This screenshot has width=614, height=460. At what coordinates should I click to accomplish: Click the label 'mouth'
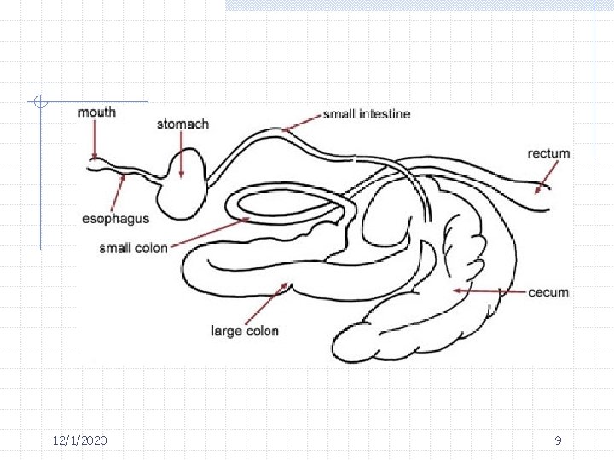(x=96, y=112)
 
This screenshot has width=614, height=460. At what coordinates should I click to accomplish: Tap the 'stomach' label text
(x=182, y=124)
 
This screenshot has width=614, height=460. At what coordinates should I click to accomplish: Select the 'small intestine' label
(x=367, y=114)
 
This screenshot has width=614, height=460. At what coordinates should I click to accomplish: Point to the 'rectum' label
(x=548, y=153)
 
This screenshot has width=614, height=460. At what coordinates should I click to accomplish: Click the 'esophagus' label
(x=115, y=218)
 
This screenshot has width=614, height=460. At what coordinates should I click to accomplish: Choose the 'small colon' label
(x=133, y=248)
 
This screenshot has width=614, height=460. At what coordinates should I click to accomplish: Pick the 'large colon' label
(x=245, y=331)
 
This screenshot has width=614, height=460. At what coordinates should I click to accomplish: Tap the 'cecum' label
(x=548, y=292)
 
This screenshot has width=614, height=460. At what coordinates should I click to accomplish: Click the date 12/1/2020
(x=79, y=440)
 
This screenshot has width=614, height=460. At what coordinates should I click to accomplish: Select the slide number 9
(x=558, y=440)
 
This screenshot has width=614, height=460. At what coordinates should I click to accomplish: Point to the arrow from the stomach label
(x=182, y=154)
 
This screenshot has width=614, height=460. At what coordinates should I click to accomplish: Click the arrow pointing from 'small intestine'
(x=302, y=123)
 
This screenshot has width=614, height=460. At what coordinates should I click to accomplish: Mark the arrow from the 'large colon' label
(x=272, y=302)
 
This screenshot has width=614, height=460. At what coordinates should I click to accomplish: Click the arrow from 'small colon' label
(x=210, y=232)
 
